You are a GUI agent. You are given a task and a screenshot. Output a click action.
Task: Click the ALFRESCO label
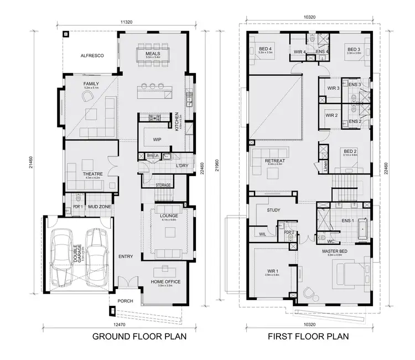coord(89,56)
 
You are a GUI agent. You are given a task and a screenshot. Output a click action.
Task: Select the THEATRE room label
coord(91,174)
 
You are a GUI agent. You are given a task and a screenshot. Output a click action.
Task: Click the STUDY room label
coord(274,210)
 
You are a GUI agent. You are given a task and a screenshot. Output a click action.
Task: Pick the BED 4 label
coord(266,49)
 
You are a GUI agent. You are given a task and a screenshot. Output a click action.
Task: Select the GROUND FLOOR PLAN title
coord(139,336)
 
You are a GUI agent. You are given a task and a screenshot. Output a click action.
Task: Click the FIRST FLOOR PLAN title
coord(308,336)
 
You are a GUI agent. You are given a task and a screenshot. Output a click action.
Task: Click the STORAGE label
coord(163,185)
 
